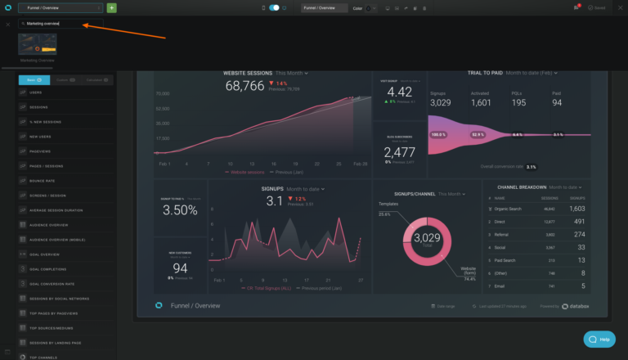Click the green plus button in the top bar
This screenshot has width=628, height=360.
tap(111, 7)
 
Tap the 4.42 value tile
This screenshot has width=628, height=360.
tap(399, 92)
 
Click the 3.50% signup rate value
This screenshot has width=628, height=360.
tap(180, 210)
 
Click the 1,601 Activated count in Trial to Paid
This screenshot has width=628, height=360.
tap(481, 103)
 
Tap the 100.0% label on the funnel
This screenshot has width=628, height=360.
tap(438, 134)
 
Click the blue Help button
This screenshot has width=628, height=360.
tap(599, 339)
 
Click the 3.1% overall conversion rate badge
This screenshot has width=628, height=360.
tap(531, 167)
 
